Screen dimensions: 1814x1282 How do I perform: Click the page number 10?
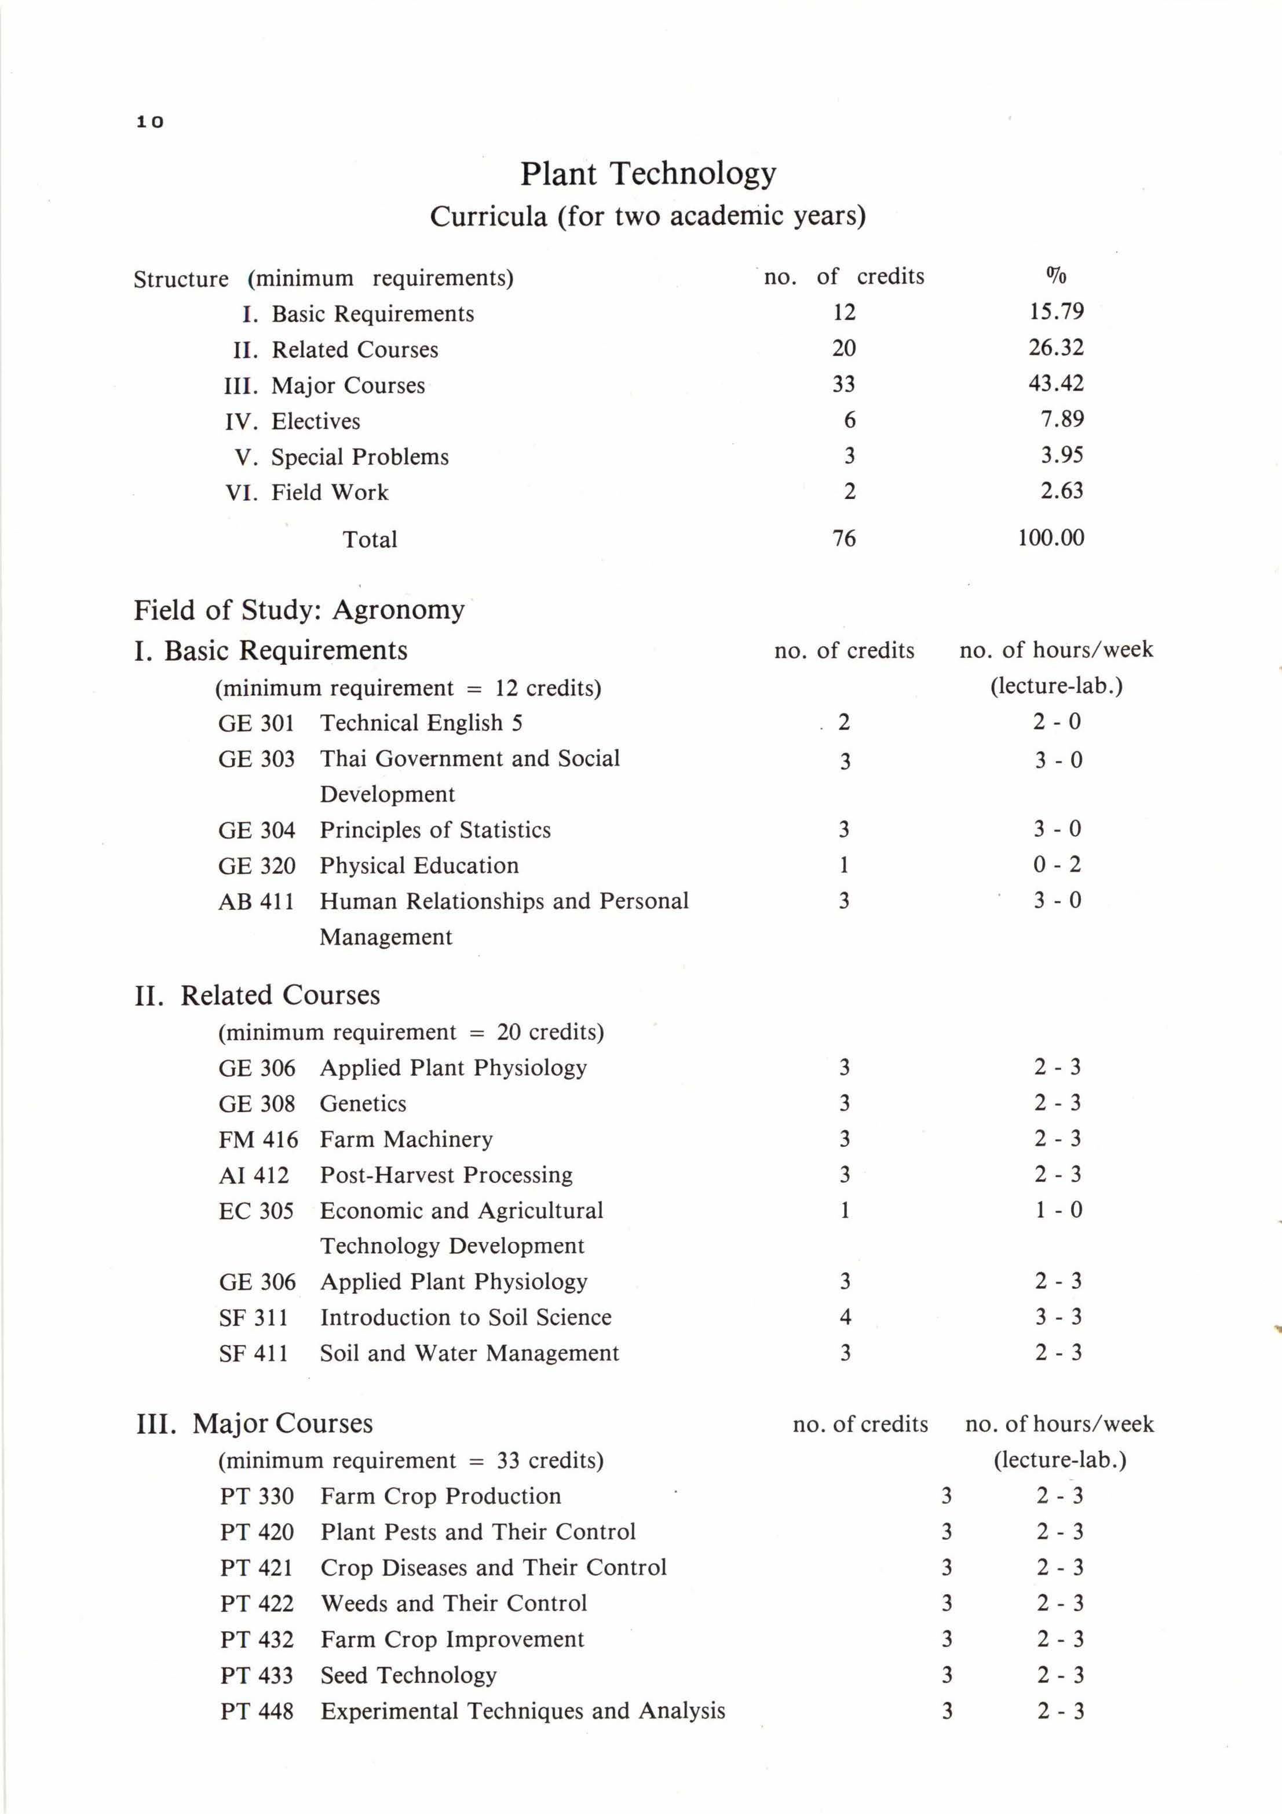149,122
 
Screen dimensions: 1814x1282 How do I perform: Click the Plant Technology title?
648,173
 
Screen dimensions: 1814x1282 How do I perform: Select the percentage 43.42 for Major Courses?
1055,384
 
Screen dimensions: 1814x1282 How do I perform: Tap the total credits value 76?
843,539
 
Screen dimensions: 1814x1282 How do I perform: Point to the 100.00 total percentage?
1050,538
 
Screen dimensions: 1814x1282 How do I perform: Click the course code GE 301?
256,723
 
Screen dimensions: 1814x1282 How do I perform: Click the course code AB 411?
256,901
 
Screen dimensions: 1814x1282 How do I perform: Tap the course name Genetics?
363,1103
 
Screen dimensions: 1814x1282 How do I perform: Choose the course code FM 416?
258,1139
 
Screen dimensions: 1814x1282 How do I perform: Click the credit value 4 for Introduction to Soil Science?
845,1317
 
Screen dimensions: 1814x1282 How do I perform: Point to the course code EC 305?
256,1211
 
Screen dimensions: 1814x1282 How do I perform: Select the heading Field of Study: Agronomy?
298,610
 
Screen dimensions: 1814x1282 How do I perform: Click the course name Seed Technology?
408,1675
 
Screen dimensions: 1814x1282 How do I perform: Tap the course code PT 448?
257,1711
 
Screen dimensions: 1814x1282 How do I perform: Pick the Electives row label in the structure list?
315,421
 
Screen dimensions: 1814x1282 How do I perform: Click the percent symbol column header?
1056,276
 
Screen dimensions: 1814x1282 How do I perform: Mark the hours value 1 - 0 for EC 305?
1058,1210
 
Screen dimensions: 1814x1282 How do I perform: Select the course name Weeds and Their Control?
454,1603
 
